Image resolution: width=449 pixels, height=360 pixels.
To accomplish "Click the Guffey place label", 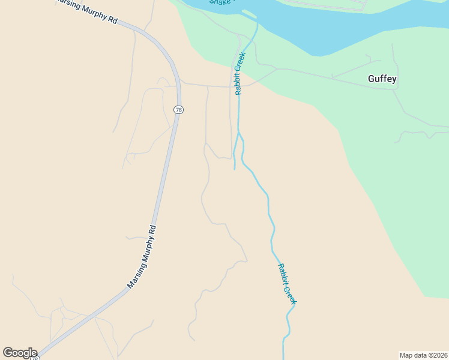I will (382, 79).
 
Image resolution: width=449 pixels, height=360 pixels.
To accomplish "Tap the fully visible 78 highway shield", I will (178, 110).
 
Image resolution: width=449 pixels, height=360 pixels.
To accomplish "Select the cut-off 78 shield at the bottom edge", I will (35, 358).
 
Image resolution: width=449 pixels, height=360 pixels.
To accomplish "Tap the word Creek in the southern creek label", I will (291, 295).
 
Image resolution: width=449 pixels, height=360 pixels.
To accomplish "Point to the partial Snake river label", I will (220, 2).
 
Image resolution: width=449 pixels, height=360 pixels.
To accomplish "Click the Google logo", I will (20, 353).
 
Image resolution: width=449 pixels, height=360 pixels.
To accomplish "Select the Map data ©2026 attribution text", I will (423, 355).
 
